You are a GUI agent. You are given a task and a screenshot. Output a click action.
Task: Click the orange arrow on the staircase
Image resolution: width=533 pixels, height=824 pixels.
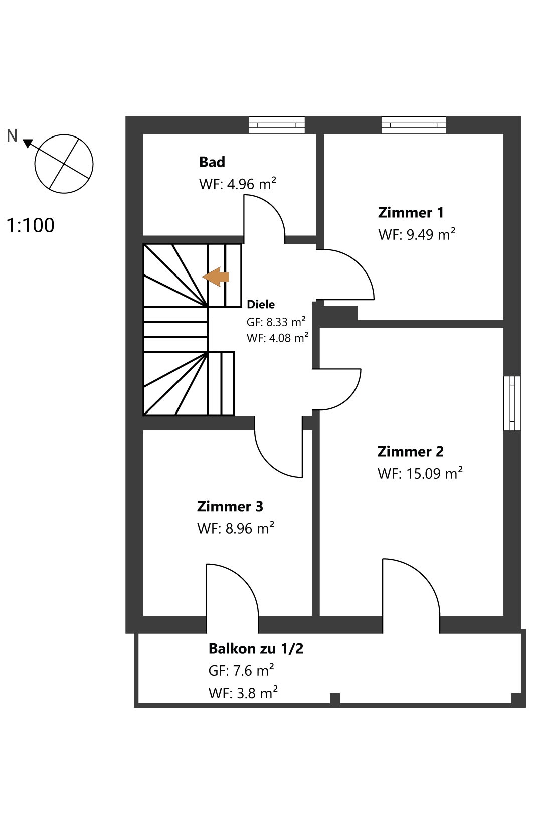216,277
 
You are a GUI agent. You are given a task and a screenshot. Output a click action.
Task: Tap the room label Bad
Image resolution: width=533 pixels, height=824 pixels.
212,162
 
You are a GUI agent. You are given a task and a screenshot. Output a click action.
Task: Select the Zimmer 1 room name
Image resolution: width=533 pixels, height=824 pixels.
411,213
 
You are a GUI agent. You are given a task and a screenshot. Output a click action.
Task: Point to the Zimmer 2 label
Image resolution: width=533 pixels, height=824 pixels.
410,451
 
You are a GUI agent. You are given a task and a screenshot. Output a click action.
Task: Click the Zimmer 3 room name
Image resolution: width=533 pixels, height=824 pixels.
230,506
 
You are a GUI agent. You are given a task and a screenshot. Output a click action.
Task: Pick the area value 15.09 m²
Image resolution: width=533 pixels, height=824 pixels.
434,473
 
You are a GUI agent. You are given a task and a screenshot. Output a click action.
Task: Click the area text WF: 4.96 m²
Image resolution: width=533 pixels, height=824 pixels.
238,184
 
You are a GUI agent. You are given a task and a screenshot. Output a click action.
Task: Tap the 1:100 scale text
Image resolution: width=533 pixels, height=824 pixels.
31,225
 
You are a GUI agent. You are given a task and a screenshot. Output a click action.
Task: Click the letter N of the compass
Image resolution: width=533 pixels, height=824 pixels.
12,135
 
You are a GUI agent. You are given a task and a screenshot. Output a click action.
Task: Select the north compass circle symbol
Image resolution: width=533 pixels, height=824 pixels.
64,164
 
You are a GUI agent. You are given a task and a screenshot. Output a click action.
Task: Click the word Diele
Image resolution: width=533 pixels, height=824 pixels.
261,304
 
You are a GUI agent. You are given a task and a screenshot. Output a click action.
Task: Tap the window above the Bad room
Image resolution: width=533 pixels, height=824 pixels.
277,125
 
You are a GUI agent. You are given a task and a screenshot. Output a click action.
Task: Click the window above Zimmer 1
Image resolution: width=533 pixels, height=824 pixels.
414,125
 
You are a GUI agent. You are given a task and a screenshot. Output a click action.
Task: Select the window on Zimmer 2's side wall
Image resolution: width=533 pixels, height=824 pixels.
512,403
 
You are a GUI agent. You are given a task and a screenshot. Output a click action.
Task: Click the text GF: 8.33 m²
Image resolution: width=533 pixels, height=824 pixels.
276,322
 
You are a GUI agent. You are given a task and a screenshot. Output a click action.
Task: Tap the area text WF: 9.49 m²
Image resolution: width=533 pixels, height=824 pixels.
417,234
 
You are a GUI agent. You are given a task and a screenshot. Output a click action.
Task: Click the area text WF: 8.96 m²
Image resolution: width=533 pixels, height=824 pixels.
236,528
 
